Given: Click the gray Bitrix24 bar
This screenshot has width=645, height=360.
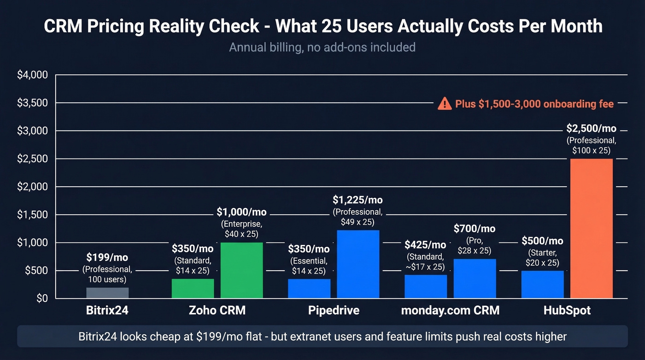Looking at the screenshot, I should (x=107, y=293).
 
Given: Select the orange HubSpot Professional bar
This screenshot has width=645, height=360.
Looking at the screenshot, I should (x=592, y=228).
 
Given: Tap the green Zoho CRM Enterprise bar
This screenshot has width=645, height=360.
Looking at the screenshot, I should (x=241, y=270).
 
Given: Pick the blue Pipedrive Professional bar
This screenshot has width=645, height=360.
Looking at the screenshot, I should (x=358, y=264).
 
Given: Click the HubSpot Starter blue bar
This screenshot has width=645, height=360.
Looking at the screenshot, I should (x=542, y=284).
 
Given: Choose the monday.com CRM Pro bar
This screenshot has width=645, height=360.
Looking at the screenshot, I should (x=475, y=278).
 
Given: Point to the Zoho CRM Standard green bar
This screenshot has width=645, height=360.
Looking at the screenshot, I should (x=193, y=289).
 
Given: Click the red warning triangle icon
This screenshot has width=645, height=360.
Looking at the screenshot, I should (x=444, y=104).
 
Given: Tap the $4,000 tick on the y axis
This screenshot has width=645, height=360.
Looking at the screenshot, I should (x=32, y=75).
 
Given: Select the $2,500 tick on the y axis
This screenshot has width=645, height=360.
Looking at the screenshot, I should (x=32, y=159).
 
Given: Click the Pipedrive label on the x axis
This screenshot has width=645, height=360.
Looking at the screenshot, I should (x=334, y=310).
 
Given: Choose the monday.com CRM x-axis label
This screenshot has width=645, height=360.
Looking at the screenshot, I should (x=450, y=310).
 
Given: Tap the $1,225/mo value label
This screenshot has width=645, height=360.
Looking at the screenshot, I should (x=358, y=200).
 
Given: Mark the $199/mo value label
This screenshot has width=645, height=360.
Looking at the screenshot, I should (x=107, y=257).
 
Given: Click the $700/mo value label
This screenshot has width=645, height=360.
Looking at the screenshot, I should (x=475, y=228).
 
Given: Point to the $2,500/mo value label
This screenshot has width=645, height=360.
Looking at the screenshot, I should (x=592, y=129).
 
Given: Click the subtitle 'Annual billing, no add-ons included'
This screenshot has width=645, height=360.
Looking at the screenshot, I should (x=322, y=47).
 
